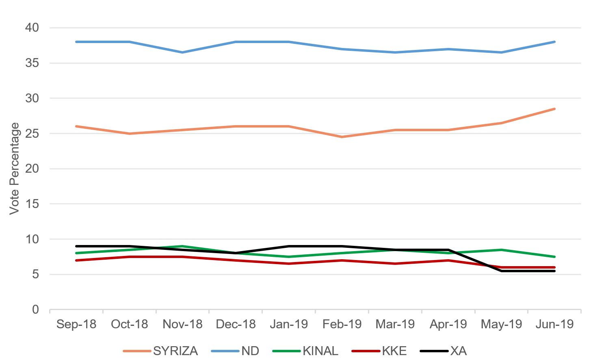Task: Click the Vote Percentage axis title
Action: click(x=15, y=168)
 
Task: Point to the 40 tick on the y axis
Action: click(x=32, y=28)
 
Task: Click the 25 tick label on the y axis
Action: click(x=32, y=133)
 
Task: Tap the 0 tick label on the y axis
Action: click(x=36, y=310)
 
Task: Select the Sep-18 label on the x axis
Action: click(x=76, y=324)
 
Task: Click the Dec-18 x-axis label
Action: click(x=236, y=324)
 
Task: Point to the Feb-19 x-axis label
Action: click(x=342, y=324)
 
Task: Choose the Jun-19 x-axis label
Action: click(x=554, y=324)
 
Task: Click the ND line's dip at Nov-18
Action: click(x=182, y=52)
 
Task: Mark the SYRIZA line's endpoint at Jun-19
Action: click(x=554, y=109)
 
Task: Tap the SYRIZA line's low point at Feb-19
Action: click(x=342, y=137)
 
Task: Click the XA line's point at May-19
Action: click(x=502, y=271)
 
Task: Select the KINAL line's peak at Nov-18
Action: click(x=182, y=246)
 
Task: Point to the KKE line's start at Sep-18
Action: click(x=76, y=260)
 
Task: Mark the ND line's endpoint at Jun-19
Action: click(x=554, y=42)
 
